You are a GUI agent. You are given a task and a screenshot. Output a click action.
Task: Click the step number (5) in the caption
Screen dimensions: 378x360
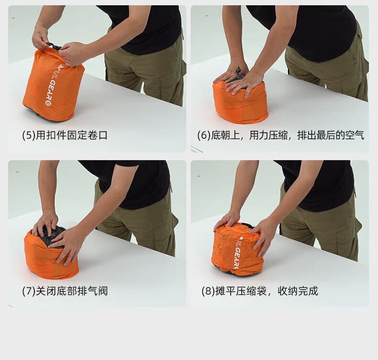pos(29,135)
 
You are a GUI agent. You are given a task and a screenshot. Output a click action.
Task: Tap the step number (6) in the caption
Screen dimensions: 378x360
pos(204,135)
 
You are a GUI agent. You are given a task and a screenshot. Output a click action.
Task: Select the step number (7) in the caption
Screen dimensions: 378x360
pos(29,291)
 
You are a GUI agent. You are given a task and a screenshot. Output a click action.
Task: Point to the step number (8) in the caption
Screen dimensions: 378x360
pos(208,291)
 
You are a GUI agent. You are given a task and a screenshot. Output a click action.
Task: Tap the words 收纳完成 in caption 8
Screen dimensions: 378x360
pos(298,291)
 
